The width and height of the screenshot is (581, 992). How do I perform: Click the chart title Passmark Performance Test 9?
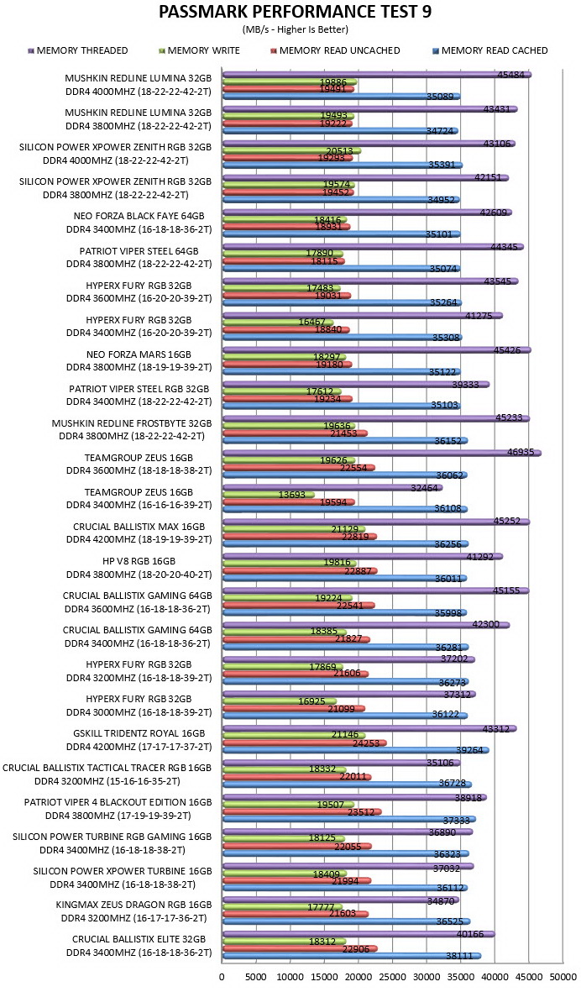296,12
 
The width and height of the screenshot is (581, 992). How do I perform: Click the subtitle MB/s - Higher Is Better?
296,29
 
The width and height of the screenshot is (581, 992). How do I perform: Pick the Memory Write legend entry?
198,50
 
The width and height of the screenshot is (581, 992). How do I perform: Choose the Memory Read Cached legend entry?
490,50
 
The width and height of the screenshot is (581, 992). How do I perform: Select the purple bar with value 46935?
381,453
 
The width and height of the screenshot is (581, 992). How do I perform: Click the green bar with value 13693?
268,495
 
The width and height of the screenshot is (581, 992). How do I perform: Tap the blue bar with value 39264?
355,750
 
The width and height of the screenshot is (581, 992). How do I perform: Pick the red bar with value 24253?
304,743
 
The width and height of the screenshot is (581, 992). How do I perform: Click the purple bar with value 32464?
332,487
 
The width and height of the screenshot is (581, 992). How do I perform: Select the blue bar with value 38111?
352,956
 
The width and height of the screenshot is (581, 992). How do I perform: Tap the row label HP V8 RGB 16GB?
139,561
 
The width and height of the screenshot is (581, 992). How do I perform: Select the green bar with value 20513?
291,150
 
